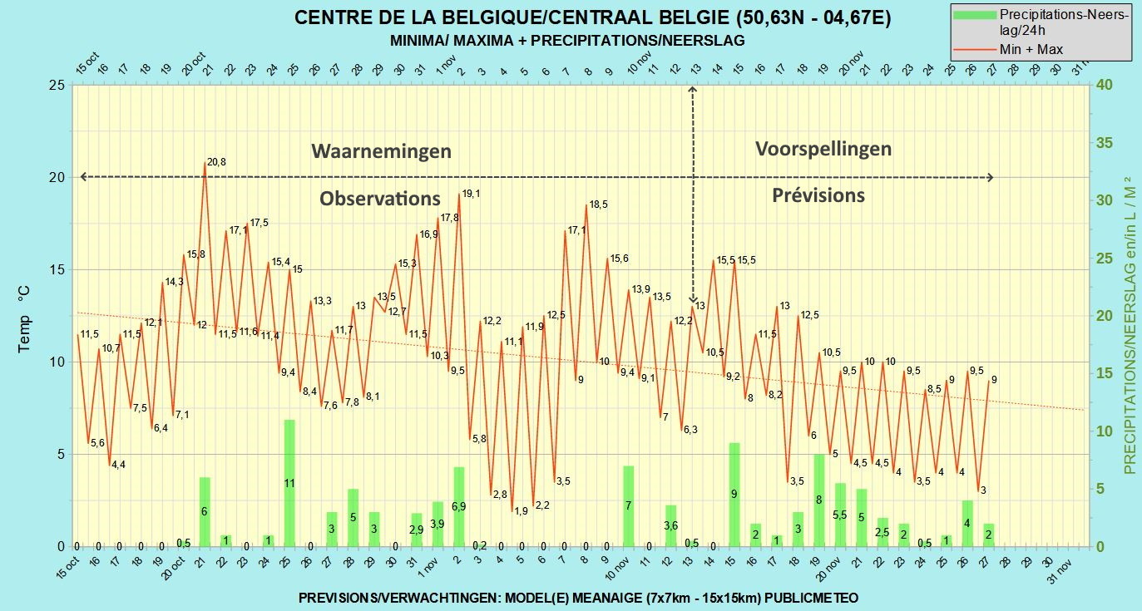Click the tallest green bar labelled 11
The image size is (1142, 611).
tap(289, 483)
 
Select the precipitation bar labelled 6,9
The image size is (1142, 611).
tap(459, 506)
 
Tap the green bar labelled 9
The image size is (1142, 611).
tap(734, 495)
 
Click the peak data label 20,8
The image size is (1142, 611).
tap(216, 162)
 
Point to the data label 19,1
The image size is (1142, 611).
tap(471, 194)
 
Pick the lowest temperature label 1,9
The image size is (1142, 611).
tap(521, 511)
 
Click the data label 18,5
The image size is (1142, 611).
tap(599, 204)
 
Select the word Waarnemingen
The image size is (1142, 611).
tap(381, 151)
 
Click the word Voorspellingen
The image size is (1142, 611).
tap(823, 149)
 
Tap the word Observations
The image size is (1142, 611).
tap(380, 198)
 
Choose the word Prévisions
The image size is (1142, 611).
tap(818, 195)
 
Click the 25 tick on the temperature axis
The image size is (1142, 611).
tap(57, 85)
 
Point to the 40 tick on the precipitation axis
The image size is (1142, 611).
tap(1105, 85)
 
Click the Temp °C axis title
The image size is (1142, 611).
tap(24, 319)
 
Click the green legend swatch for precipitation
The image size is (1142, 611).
tap(974, 15)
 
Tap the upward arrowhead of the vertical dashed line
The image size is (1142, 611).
tap(692, 90)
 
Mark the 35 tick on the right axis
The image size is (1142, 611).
tap(1105, 143)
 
